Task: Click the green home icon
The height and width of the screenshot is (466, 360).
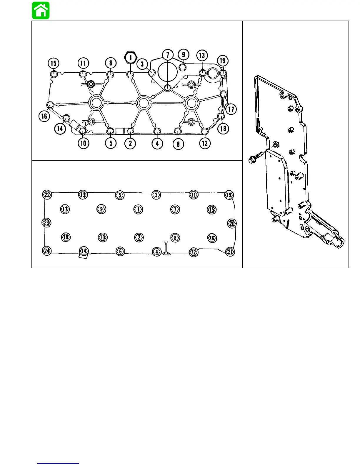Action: (41, 11)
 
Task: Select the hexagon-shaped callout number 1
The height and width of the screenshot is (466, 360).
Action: (131, 57)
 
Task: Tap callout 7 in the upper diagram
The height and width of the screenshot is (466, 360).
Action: (168, 55)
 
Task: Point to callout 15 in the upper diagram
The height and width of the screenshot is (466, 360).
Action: (54, 63)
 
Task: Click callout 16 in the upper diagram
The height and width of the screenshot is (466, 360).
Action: (44, 116)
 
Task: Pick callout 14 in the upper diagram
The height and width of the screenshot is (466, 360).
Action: (60, 128)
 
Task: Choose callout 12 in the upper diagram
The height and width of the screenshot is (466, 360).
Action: (205, 143)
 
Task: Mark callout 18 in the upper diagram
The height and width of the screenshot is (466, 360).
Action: (223, 128)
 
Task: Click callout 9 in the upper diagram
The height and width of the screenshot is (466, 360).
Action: (184, 54)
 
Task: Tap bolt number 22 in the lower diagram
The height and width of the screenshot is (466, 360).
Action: (47, 194)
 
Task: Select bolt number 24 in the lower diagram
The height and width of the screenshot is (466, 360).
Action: (47, 251)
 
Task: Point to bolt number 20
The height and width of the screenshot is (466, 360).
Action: (232, 224)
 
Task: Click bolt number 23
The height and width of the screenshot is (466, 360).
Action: (46, 222)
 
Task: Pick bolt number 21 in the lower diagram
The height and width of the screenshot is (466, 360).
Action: (230, 252)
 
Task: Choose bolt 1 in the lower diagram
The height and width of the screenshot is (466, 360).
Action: (138, 209)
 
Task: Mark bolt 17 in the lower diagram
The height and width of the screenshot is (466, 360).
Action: (65, 209)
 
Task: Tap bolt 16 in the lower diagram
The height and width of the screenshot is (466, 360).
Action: (212, 238)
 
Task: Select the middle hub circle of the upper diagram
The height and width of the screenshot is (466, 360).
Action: (144, 103)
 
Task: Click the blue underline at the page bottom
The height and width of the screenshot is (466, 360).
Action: (58, 463)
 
